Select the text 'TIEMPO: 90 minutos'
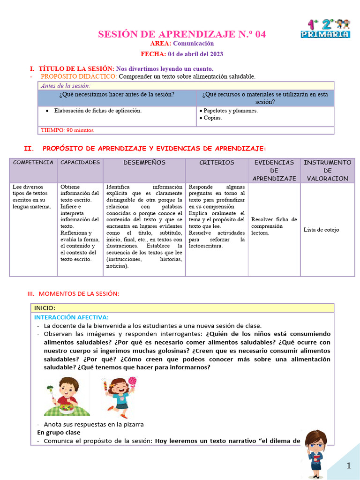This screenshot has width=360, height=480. pyautogui.click(x=67, y=130)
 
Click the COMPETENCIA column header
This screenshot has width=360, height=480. pyautogui.click(x=33, y=163)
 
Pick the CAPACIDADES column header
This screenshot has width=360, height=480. pyautogui.click(x=80, y=163)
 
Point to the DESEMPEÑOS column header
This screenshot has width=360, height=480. pyautogui.click(x=144, y=163)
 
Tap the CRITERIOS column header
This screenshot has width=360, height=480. pyautogui.click(x=217, y=163)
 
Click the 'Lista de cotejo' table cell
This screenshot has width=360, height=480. pyautogui.click(x=321, y=230)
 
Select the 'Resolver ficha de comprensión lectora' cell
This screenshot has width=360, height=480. pyautogui.click(x=274, y=225)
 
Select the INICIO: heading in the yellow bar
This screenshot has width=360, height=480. pyautogui.click(x=45, y=308)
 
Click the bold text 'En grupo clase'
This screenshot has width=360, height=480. pyautogui.click(x=59, y=432)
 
